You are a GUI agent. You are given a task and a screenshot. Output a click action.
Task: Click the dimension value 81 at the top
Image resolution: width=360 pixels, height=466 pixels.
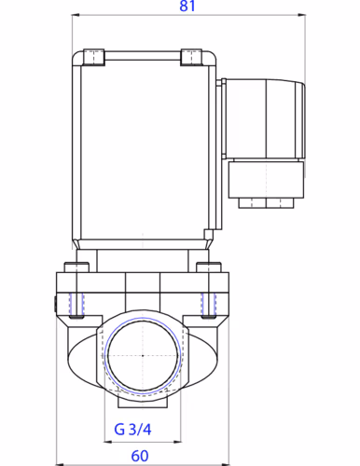pos(187,7)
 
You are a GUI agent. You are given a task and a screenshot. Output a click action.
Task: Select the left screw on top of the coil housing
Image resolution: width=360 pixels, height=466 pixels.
pos(93,57)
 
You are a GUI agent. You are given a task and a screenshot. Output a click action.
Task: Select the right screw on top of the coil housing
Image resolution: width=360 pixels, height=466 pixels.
pos(189,57)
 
